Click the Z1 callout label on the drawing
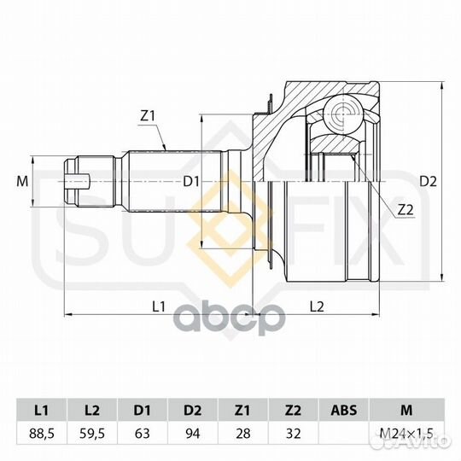(x=148, y=117)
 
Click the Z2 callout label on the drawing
(x=406, y=210)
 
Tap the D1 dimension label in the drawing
(x=191, y=182)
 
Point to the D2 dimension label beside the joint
(x=428, y=182)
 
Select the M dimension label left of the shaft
(x=22, y=181)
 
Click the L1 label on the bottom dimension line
(x=159, y=306)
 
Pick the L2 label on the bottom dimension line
(x=317, y=306)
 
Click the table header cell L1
(x=42, y=410)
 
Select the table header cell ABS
(x=344, y=410)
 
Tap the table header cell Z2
(x=293, y=410)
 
